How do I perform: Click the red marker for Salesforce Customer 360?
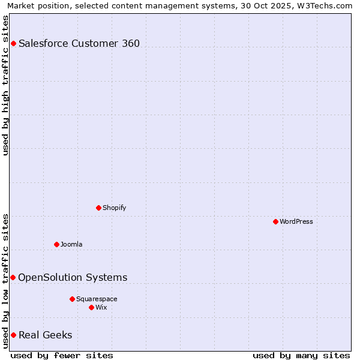pos(13,43)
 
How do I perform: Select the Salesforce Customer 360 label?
pos(79,43)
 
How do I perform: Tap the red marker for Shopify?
pos(98,208)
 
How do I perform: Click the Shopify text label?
pos(114,208)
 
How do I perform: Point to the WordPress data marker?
pos(275,221)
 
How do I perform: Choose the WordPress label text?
pos(296,221)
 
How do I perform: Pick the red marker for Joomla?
pos(56,244)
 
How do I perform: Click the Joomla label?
pos(71,244)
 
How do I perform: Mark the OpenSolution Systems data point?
pos(13,277)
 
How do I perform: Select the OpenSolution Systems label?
pos(73,277)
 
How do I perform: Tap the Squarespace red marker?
pos(72,299)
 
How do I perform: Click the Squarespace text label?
pos(97,299)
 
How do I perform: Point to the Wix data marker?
pos(91,307)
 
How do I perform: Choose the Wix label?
pos(101,307)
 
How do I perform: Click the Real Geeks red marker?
pos(13,335)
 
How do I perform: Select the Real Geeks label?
pos(46,335)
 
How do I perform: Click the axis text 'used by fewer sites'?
pos(62,355)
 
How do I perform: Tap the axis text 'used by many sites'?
pos(301,355)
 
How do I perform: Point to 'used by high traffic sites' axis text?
pos(6,85)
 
